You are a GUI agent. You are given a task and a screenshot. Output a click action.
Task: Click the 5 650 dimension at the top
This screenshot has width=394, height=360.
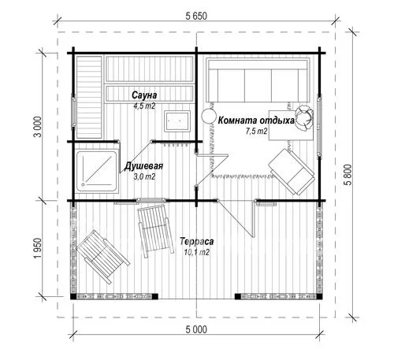coord(196,17)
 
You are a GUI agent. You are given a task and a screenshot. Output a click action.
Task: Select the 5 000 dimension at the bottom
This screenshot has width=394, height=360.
coord(196,329)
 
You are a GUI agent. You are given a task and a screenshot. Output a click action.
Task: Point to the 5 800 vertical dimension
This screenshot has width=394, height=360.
coord(348,175)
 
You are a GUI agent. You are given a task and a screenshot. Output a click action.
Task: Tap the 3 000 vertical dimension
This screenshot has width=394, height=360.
coord(39,127)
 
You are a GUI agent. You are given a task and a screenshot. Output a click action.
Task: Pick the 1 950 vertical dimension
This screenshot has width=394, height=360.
coord(39,248)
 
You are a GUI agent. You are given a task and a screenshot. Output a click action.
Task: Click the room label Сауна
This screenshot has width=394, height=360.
coord(144,95)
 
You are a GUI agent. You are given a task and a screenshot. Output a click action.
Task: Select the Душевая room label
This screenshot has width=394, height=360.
coord(143,166)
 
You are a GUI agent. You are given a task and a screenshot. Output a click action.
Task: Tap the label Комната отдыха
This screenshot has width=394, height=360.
coord(256,121)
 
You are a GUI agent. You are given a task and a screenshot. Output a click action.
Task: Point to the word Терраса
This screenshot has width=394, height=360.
coord(197,241)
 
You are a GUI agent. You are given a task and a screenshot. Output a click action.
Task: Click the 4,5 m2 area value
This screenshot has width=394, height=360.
coord(144,106)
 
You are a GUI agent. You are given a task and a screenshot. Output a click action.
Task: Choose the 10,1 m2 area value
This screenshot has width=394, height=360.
coord(197,252)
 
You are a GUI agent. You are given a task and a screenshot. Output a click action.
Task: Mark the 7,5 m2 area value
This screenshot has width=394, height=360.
coord(256,131)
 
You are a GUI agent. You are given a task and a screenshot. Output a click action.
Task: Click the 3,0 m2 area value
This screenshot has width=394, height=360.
coord(144,176)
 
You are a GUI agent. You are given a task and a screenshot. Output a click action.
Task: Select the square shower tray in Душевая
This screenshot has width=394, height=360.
coord(97,171)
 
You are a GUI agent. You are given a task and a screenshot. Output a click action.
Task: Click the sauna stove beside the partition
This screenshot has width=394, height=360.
coord(177,121)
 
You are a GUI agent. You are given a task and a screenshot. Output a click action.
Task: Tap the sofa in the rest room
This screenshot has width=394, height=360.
coord(258,80)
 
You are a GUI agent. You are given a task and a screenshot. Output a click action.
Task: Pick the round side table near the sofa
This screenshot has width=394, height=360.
coord(209,116)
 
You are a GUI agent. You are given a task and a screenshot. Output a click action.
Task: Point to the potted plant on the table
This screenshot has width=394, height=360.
coord(304,117)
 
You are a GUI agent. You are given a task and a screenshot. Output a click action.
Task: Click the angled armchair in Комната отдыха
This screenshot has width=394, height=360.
coord(292,172)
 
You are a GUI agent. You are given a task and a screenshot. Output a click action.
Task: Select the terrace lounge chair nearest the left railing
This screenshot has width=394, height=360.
coord(102,257)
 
